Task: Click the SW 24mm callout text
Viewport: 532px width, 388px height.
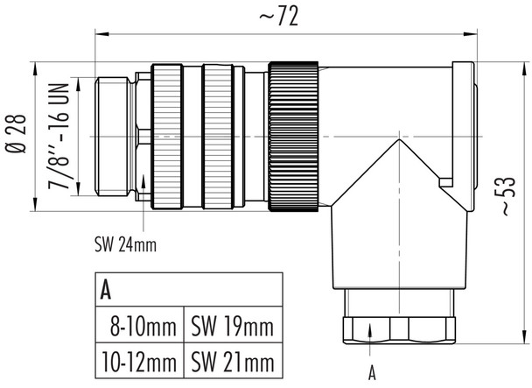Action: click(x=125, y=244)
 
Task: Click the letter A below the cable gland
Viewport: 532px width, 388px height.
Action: click(x=372, y=372)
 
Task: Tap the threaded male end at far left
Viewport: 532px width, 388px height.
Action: click(x=114, y=138)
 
